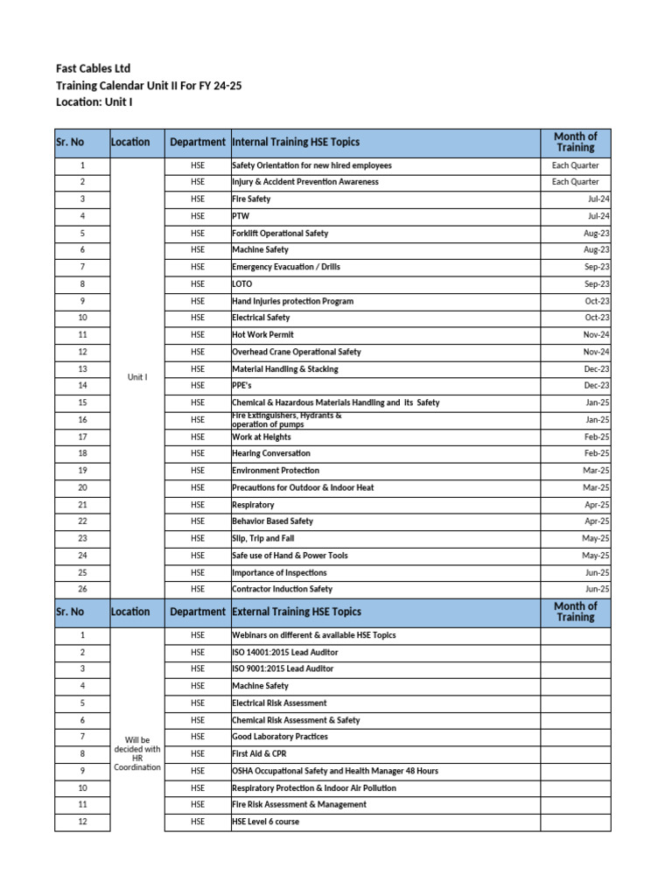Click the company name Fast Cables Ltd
point(94,68)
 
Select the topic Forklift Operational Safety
point(280,234)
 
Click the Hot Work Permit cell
point(262,335)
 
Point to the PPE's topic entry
point(243,386)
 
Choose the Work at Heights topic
point(262,437)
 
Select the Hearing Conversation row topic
point(271,453)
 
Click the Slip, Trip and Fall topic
point(263,538)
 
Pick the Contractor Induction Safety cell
point(282,589)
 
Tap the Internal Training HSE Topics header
point(296,142)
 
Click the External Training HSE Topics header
point(297,612)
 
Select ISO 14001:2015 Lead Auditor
point(285,652)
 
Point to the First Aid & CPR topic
point(260,753)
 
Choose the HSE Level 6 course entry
point(265,822)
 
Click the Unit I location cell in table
point(137,377)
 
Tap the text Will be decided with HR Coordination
point(137,753)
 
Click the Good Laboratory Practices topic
point(280,737)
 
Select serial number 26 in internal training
point(82,589)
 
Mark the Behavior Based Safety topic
point(272,521)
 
